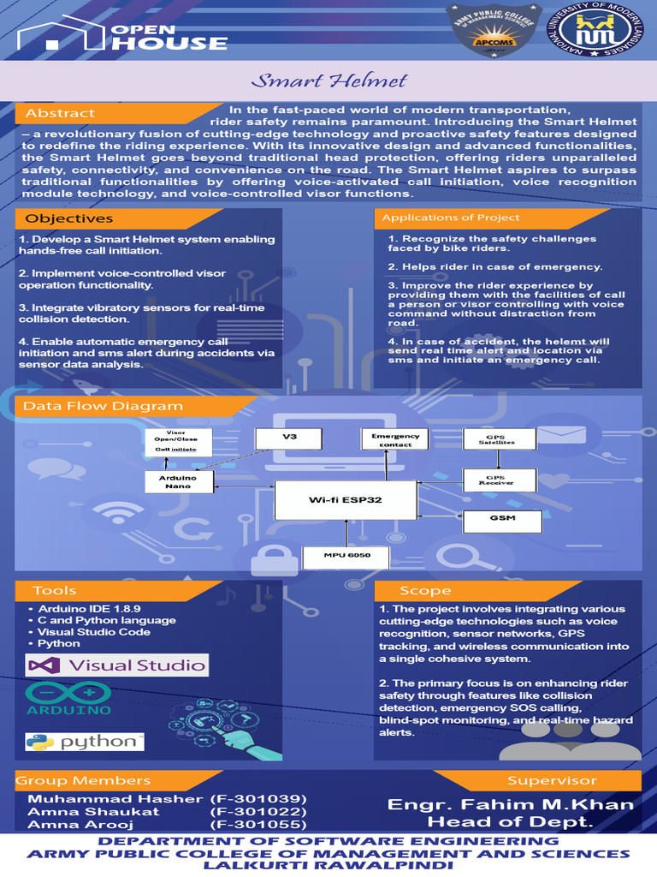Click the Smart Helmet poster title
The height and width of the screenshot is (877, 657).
click(x=328, y=82)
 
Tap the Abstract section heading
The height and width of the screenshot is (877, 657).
click(x=60, y=113)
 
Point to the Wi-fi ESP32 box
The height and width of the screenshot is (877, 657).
click(x=345, y=499)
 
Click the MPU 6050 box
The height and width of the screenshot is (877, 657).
click(x=346, y=557)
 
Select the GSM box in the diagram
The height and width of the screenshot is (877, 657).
click(x=501, y=519)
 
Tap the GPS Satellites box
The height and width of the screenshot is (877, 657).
click(x=500, y=438)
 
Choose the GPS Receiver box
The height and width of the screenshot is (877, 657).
click(x=500, y=480)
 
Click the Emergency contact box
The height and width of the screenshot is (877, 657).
click(x=395, y=439)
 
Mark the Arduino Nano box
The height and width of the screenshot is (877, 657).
click(x=178, y=482)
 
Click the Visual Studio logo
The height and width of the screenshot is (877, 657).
click(x=117, y=665)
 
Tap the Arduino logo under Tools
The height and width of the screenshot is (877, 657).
click(x=68, y=698)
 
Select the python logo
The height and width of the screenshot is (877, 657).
click(x=83, y=742)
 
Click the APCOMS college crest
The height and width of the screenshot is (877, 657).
click(x=491, y=32)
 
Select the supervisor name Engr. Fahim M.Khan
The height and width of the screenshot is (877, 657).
click(x=511, y=804)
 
